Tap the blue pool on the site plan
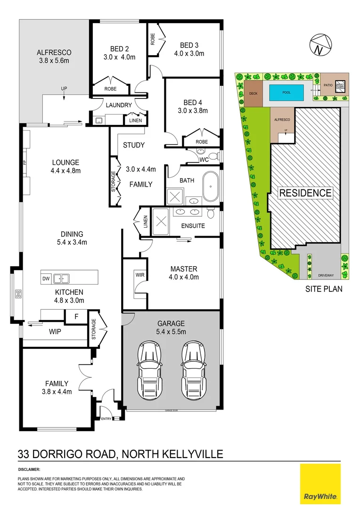point(286,92)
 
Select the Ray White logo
point(320,484)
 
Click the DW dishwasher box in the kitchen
point(46,278)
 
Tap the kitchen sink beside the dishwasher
point(61,278)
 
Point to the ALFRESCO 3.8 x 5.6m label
point(54,57)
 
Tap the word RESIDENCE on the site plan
point(305,193)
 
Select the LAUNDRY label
point(119,105)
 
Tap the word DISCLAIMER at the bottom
point(29,470)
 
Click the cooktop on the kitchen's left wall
point(18,295)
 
